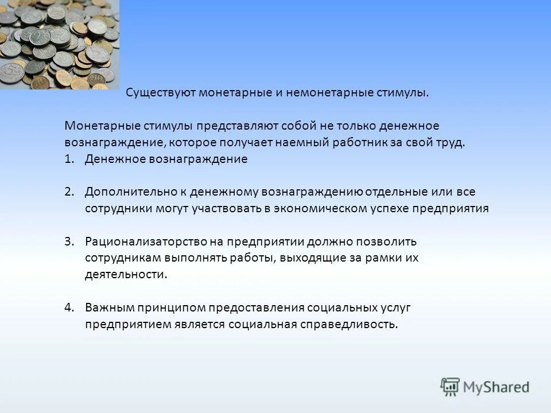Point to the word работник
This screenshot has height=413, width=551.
356,142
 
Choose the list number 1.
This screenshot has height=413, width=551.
69,159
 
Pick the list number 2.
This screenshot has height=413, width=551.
69,192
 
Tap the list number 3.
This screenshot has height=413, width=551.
69,241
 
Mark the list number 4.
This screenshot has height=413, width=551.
69,307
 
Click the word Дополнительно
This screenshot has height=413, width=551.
123,192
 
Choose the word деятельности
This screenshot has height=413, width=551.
126,274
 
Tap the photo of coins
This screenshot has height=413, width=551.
60,44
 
